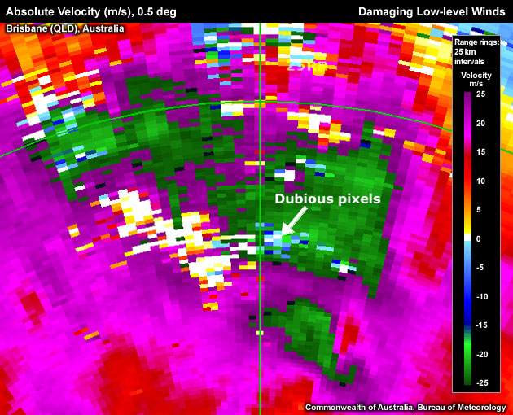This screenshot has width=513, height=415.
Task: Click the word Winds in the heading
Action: (490, 11)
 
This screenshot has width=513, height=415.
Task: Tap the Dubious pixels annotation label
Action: (327, 198)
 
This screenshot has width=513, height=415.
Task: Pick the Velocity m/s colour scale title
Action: (477, 80)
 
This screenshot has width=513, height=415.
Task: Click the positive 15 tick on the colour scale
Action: (481, 151)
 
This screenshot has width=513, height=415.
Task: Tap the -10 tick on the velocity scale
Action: (481, 296)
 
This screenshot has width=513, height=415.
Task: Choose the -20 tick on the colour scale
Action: (481, 354)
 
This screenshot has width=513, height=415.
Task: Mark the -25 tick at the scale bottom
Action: (481, 382)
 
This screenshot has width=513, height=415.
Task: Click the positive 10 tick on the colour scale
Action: (481, 181)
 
